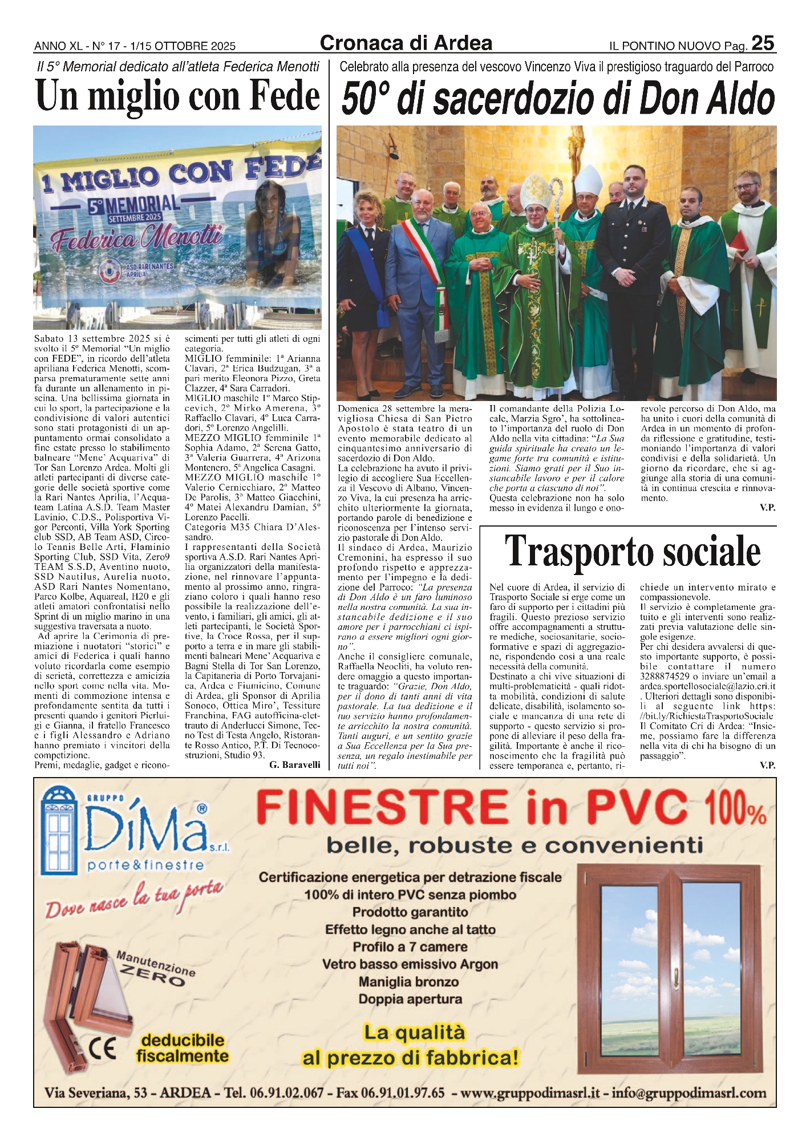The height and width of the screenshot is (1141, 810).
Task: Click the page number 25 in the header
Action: (762, 43)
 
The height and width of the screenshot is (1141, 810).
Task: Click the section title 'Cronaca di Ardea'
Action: (406, 43)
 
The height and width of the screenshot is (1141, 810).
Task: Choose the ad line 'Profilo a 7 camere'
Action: (410, 947)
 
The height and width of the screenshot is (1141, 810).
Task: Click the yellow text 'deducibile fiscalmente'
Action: (182, 1048)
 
